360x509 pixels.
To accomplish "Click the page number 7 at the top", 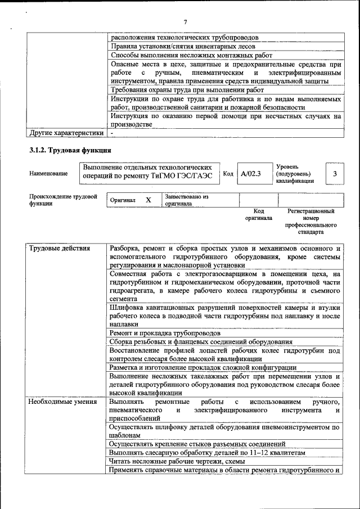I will point(184,22).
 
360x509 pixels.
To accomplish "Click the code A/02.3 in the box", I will point(250,174).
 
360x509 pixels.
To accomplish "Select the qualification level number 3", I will point(335,174).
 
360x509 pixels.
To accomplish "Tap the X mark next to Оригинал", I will point(148,200).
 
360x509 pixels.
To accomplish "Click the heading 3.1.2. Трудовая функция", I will point(70,150).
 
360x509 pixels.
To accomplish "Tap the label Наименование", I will point(48,174).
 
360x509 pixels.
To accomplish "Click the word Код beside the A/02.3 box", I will point(228,174).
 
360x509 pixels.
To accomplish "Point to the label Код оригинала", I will point(258,214).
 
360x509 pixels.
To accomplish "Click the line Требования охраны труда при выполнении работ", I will point(187,90).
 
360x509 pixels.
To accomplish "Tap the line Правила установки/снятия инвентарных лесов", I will point(183,46).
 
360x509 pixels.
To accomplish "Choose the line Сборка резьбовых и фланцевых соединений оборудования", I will point(201,342).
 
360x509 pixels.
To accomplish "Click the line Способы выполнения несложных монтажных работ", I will point(191,55).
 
